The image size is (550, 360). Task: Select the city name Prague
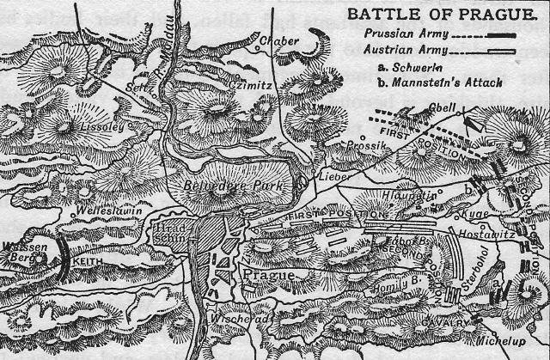point(270,276)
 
